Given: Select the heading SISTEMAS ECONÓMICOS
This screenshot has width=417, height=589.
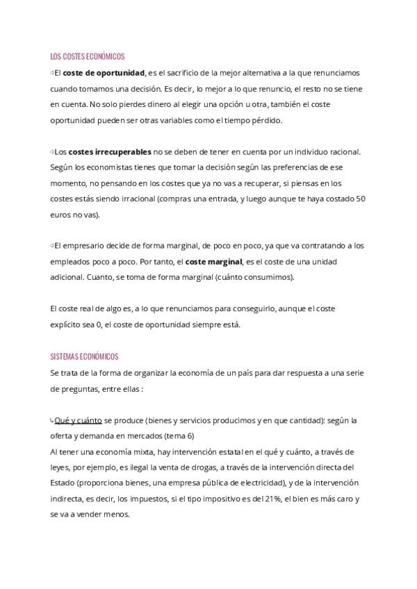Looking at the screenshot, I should coord(84,356).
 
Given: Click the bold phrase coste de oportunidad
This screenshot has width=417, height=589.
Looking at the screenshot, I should coord(104,73).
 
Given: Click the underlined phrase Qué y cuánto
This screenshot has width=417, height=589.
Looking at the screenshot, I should coord(79,420).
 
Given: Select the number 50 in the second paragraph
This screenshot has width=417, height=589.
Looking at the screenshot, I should coord(360,199).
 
